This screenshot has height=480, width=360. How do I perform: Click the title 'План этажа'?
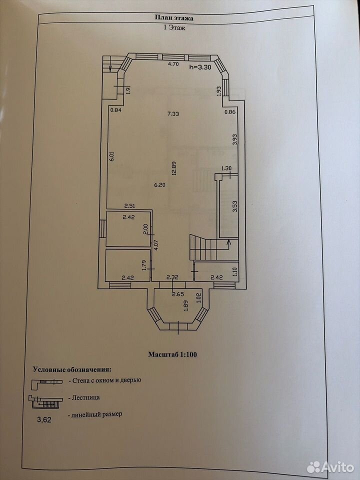(174, 18)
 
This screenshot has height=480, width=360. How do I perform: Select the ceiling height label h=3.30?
(200, 68)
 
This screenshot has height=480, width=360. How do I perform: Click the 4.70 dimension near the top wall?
(174, 64)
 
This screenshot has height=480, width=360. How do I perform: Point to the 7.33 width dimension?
(173, 114)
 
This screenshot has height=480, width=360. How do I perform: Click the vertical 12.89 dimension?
(174, 168)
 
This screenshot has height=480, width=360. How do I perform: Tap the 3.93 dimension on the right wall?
(235, 139)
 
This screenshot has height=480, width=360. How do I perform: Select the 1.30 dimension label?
(226, 168)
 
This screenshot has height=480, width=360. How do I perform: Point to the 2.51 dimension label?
(130, 205)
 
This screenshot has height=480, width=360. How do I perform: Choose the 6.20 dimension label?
(160, 185)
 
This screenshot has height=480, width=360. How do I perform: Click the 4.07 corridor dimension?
(156, 245)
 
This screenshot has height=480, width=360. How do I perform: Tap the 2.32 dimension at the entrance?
(172, 277)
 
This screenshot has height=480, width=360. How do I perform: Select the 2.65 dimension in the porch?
(178, 294)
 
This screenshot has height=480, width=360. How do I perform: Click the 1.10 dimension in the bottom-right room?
(235, 272)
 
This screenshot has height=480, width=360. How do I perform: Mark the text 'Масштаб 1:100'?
(172, 355)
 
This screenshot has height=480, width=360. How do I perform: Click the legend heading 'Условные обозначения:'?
(71, 369)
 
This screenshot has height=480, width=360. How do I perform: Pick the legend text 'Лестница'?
(85, 397)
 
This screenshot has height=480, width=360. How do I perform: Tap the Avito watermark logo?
(330, 467)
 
